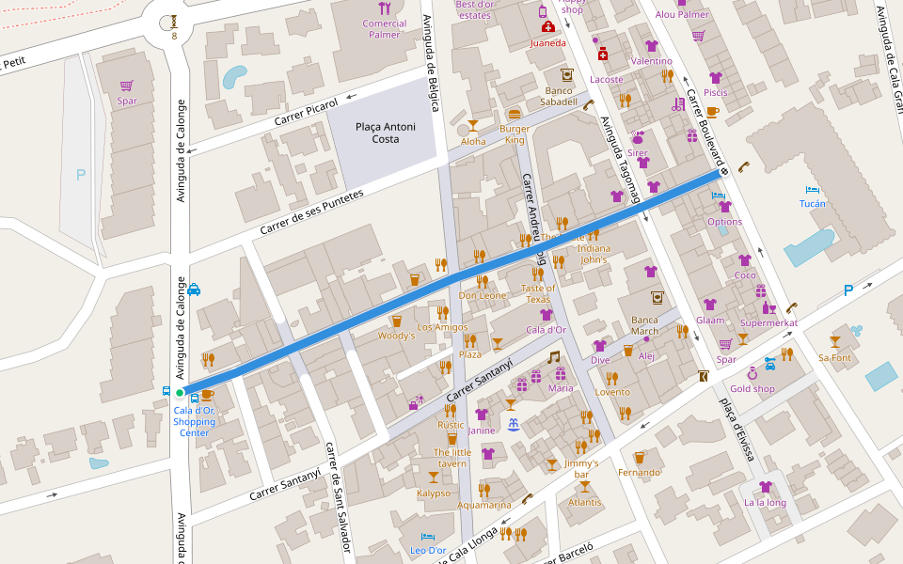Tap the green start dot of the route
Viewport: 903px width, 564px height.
tap(179, 393)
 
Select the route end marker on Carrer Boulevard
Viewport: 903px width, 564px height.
tap(722, 172)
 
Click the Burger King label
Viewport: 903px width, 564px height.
tap(514, 134)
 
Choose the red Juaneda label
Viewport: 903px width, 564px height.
tap(548, 43)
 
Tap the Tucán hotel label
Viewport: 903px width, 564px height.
tap(812, 203)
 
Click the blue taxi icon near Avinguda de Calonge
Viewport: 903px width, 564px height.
tap(193, 290)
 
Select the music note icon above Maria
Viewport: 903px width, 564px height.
tap(554, 357)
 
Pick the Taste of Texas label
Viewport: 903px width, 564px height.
tap(538, 293)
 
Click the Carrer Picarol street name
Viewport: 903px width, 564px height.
tap(306, 113)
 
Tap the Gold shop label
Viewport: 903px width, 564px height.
tap(752, 389)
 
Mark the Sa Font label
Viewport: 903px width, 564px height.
tap(834, 357)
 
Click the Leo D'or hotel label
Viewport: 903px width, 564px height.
tap(429, 550)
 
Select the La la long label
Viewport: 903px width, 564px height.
tap(765, 502)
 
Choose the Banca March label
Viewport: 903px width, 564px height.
tap(644, 325)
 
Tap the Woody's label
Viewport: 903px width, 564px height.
tap(396, 336)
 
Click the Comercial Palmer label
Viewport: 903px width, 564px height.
tap(385, 29)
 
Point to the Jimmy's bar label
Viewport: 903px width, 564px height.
tap(582, 468)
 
